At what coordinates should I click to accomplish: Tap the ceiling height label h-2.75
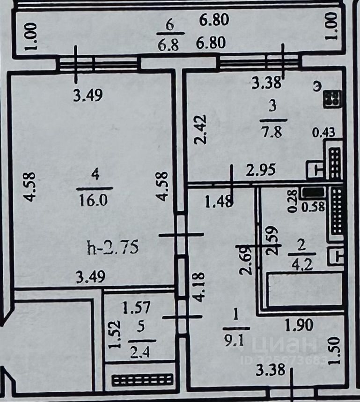pyautogui.click(x=113, y=247)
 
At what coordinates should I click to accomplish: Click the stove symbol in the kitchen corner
pyautogui.click(x=333, y=99)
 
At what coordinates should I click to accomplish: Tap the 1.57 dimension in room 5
pyautogui.click(x=136, y=308)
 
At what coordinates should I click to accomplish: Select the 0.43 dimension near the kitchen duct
pyautogui.click(x=323, y=133)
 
